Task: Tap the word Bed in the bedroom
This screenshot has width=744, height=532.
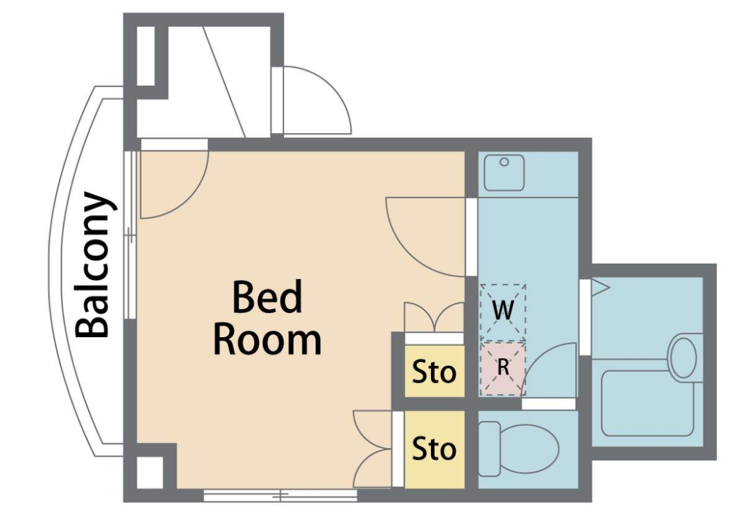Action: tap(267, 297)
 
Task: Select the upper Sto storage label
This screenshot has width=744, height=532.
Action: tap(434, 371)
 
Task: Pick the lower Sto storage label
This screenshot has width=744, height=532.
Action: tap(434, 448)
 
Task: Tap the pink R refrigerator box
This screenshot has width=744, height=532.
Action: tap(503, 368)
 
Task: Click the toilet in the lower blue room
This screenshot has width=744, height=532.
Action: tap(519, 449)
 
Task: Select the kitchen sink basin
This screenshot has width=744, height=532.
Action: tap(504, 173)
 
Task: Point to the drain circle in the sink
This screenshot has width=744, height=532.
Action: tap(504, 162)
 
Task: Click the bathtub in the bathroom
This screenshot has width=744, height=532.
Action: tap(648, 403)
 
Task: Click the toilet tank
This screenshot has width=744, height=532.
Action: tap(489, 449)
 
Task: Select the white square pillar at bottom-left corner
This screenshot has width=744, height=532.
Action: tap(150, 472)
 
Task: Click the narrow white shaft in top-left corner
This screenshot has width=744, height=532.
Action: tap(146, 56)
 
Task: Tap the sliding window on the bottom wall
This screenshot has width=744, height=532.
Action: tap(280, 496)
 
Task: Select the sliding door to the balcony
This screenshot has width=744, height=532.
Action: tap(130, 235)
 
